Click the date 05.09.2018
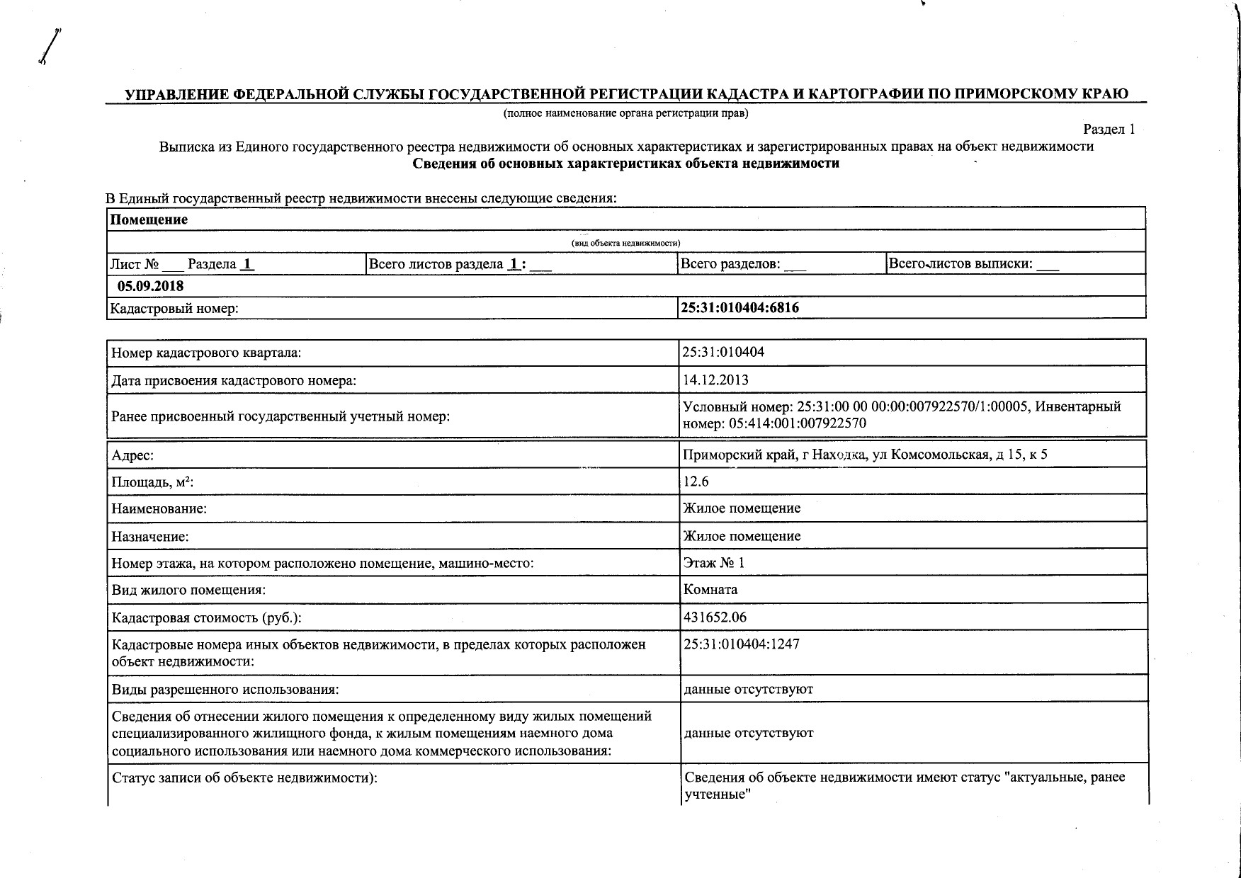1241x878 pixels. (x=150, y=286)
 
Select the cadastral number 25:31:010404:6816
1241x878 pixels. (x=740, y=308)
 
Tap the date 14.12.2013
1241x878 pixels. (x=715, y=380)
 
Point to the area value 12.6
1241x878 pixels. (x=696, y=481)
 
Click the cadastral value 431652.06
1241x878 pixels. (x=715, y=617)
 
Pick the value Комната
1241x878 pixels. (x=710, y=589)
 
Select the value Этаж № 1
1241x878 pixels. (x=714, y=563)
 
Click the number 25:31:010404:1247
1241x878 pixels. (x=741, y=644)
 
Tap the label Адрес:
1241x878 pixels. (x=132, y=455)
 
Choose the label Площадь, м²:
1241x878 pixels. (x=153, y=483)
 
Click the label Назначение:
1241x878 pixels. (x=150, y=537)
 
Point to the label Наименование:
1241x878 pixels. (x=159, y=509)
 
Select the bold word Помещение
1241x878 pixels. (x=149, y=219)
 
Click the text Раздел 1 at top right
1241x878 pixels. (x=1109, y=129)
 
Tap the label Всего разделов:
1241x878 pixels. (x=730, y=264)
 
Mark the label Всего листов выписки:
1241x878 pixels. (x=960, y=264)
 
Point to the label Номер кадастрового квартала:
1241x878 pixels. (x=206, y=353)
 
